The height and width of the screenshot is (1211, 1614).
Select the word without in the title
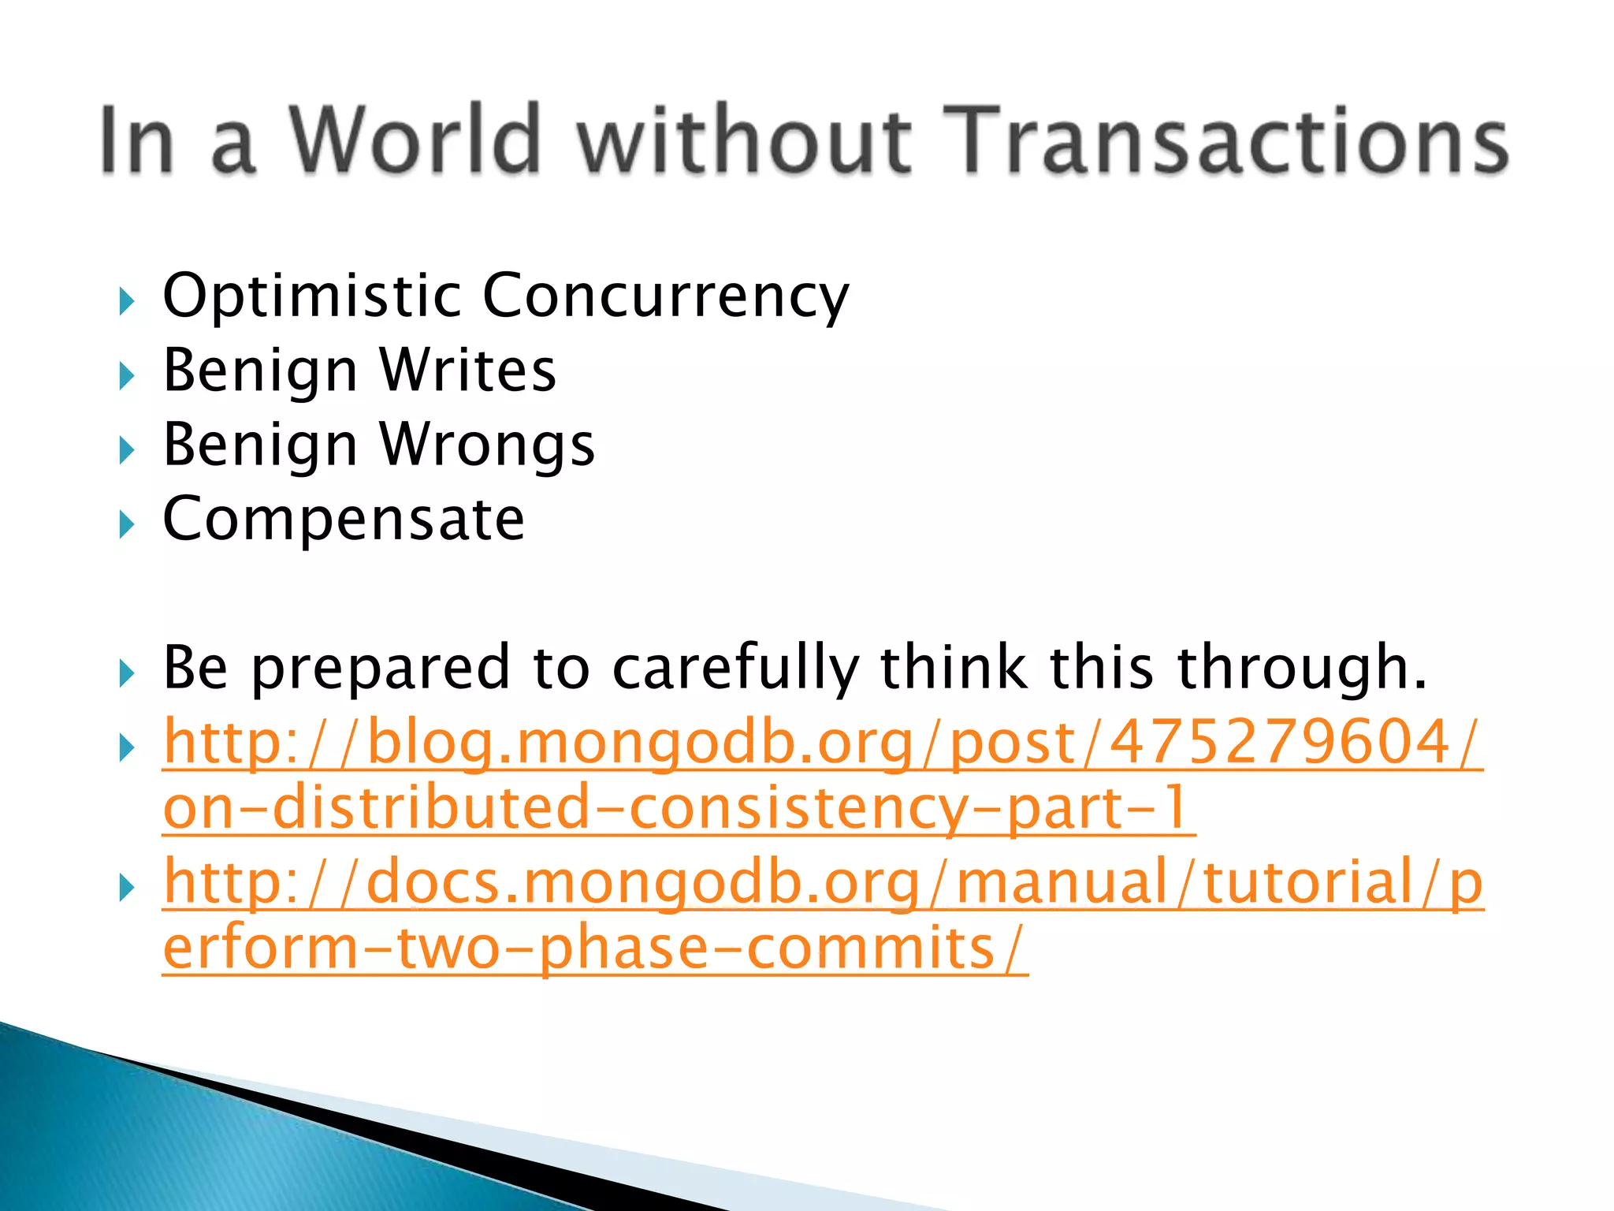tap(745, 140)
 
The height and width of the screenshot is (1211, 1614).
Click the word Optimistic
tap(311, 296)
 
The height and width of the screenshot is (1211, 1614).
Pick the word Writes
tap(468, 371)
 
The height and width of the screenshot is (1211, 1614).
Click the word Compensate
tap(344, 520)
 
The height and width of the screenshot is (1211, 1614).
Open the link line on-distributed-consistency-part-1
tap(679, 809)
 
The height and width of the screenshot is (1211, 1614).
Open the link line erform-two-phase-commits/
tap(595, 948)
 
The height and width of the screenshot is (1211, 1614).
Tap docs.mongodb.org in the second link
tap(643, 883)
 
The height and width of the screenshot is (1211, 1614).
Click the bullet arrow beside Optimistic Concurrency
tap(126, 301)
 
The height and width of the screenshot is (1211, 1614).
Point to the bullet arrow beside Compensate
tap(126, 524)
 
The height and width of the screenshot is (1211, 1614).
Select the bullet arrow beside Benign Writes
tap(126, 376)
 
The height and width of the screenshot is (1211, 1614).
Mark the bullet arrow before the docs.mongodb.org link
tap(126, 889)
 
